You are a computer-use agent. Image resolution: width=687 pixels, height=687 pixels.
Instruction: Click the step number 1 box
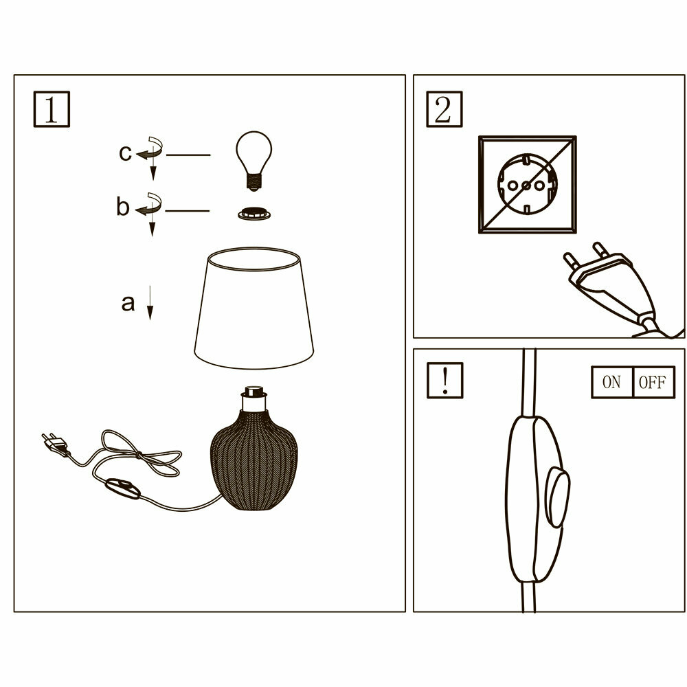pos(52,109)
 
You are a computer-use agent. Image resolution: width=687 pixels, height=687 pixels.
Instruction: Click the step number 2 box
pos(444,109)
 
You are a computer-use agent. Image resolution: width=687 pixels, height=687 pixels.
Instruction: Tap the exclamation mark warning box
pos(445,381)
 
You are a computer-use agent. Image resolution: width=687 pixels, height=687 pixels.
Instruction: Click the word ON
pos(611,382)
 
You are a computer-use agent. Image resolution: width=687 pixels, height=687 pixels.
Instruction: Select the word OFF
pos(653,382)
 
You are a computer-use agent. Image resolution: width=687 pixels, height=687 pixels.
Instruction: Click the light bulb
pos(254,160)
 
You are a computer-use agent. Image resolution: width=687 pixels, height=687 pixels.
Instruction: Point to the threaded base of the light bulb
pos(254,181)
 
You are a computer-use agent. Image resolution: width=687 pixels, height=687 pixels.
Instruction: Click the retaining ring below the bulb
pos(254,214)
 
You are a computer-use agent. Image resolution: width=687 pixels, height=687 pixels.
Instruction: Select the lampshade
pos(254,308)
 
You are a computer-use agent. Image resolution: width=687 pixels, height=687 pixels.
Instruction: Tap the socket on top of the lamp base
pos(254,398)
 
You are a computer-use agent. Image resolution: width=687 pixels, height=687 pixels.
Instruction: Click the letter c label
pos(125,153)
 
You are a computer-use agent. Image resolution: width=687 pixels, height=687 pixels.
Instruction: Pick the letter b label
pos(123,206)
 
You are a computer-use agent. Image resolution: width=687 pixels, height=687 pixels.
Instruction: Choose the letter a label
pos(128,303)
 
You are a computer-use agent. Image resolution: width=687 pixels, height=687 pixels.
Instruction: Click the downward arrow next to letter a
pos(150,303)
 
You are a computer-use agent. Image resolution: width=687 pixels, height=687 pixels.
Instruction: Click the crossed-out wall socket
pos(528,185)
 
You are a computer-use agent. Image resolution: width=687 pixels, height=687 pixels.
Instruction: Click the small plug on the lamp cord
pos(55,444)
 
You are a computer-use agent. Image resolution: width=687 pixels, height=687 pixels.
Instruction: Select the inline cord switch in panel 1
pos(123,488)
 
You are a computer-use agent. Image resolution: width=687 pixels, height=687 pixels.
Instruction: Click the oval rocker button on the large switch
pos(558,497)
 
